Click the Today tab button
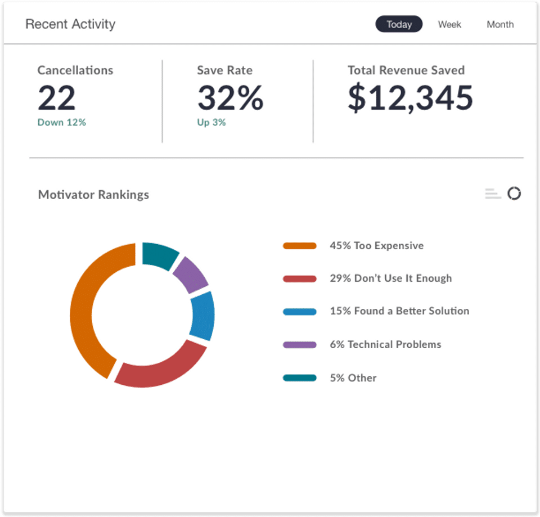399,24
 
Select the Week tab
449,24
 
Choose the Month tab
500,24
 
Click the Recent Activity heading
71,24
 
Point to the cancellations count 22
56,98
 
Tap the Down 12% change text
62,122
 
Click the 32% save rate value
231,98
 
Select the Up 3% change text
211,122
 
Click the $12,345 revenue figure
410,98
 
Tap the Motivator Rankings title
94,195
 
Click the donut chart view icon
514,193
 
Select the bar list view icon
493,194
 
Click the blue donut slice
203,316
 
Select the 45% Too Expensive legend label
377,246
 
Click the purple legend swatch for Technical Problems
300,345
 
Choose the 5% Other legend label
353,378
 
